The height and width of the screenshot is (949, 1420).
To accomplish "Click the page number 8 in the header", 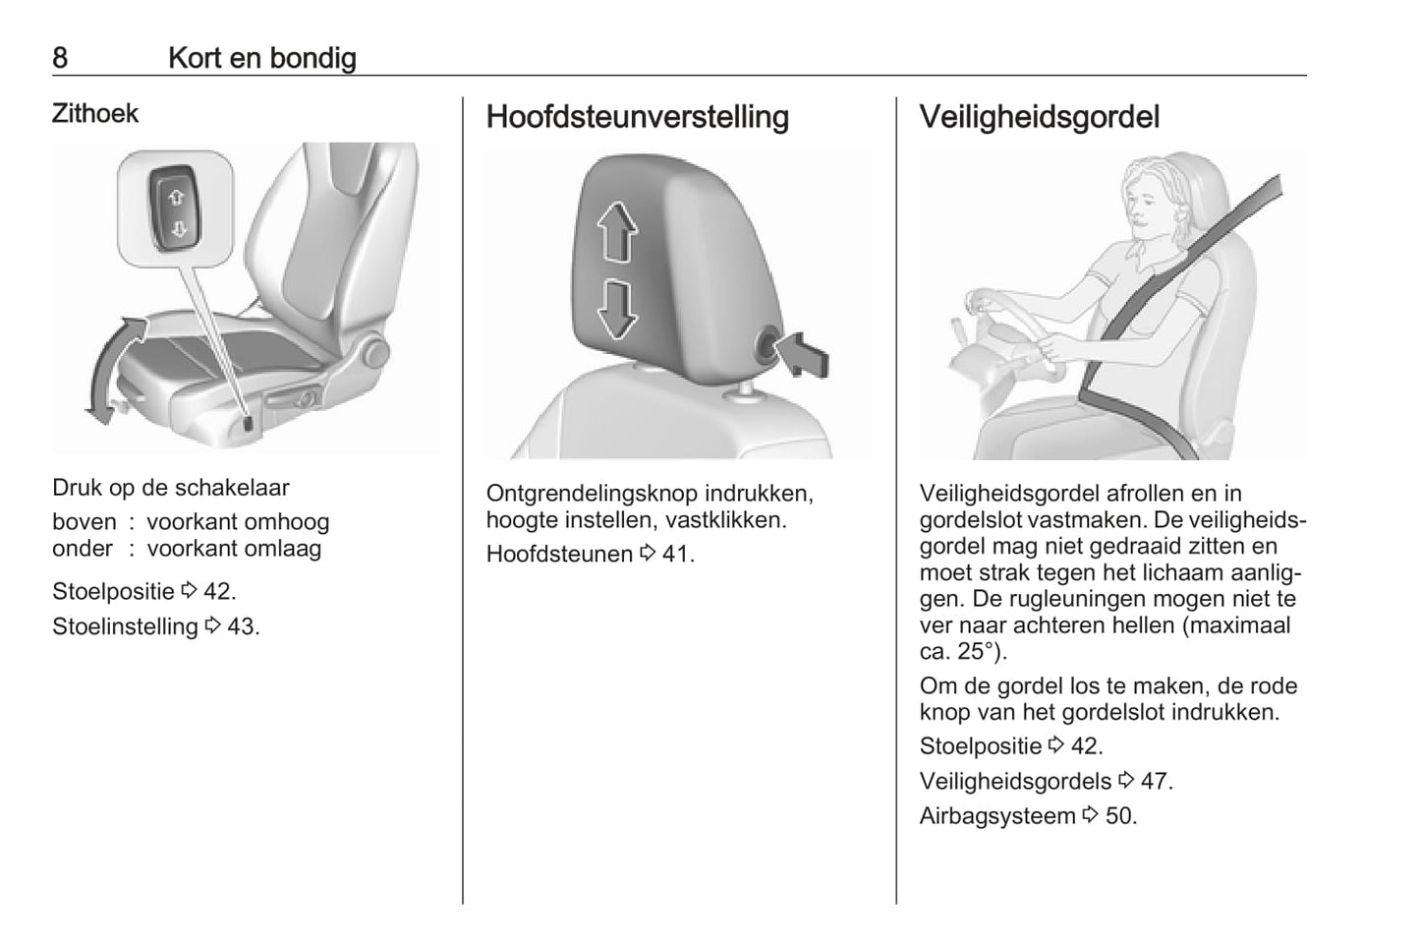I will [x=60, y=58].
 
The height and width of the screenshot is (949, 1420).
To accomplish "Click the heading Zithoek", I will [x=95, y=114].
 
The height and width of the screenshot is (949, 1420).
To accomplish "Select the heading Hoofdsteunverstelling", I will [x=637, y=117].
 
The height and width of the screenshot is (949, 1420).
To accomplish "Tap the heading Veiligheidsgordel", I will [x=1039, y=117].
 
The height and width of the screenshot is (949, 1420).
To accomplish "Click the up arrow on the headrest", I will [x=617, y=231].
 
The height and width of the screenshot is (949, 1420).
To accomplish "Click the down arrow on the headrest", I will [x=617, y=309].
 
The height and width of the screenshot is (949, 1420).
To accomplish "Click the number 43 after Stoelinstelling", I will [x=241, y=626].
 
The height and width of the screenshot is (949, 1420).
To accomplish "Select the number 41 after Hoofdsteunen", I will [x=675, y=554].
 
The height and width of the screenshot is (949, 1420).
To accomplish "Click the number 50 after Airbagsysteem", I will [x=1118, y=816].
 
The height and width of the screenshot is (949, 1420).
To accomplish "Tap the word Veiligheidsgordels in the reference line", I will [x=1015, y=781].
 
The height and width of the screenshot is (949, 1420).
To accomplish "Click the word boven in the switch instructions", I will [x=85, y=522].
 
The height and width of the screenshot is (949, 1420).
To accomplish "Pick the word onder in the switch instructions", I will [x=83, y=549].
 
